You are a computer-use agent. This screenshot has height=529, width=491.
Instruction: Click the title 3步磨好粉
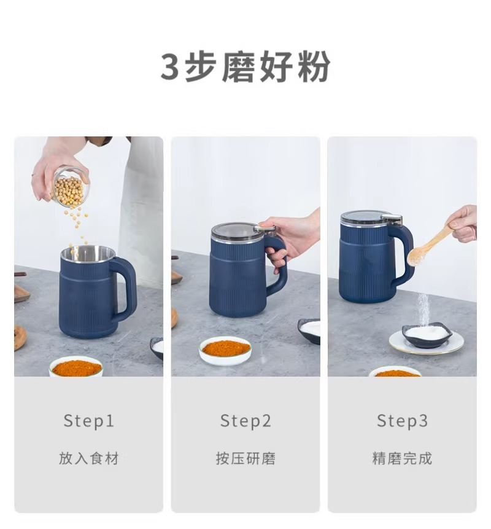pos(245,67)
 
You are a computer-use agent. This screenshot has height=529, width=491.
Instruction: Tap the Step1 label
pos(89,421)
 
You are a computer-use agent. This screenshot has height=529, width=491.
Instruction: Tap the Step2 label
pos(245,421)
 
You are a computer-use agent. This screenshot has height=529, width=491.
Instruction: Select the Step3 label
pos(402,421)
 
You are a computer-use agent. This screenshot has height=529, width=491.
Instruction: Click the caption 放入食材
pos(89,458)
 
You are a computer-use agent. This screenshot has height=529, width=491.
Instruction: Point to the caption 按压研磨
pos(245,458)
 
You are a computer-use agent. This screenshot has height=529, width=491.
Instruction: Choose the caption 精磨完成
pos(402,458)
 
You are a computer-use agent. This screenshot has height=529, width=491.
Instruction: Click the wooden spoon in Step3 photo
pos(430,246)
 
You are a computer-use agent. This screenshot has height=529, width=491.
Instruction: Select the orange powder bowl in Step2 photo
pos(226,350)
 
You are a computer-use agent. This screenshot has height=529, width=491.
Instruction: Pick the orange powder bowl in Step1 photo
pos(76,367)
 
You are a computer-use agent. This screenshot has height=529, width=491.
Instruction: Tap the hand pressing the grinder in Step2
pos(295,237)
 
